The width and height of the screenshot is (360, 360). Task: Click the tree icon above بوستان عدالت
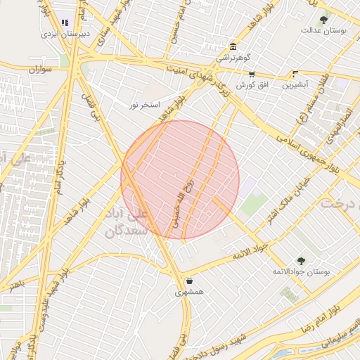(323, 20)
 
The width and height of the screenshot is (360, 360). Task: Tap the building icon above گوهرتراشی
(233, 47)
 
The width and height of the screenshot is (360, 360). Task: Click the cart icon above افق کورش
(252, 74)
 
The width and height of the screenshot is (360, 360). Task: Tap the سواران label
(41, 70)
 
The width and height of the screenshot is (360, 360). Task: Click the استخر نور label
(143, 105)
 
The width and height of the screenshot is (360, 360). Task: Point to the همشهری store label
(188, 292)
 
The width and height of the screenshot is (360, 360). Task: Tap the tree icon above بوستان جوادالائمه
(302, 260)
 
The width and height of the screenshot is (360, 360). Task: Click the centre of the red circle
(180, 179)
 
